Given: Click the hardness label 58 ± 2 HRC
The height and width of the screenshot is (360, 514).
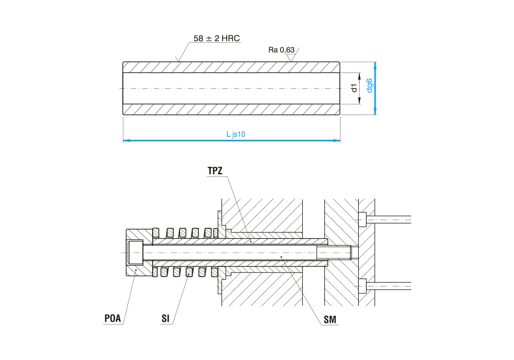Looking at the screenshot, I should pos(216,38).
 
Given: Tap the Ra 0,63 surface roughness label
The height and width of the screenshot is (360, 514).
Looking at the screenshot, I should pos(281,50).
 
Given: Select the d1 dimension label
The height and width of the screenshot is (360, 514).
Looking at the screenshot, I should pos(354,88).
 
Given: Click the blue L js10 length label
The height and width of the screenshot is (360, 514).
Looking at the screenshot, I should pos(236,134).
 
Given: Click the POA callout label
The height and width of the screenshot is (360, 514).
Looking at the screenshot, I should pos(113,318).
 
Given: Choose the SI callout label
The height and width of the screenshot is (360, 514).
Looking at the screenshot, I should pos(165,318).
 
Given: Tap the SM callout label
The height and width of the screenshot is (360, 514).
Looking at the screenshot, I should pos(330,320).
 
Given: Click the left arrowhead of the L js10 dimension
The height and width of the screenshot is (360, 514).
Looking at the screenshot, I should pos(125,140).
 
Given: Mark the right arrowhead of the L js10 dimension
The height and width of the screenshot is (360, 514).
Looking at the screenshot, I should pos(338,140).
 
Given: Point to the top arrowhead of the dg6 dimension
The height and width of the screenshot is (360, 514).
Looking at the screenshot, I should pos(375,65).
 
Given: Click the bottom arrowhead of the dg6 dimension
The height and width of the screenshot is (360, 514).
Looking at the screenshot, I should pos(375,112).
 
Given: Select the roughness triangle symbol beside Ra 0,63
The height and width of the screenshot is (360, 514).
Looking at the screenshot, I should pos(292,58).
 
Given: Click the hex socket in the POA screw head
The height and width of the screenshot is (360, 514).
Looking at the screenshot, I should pos(136,253).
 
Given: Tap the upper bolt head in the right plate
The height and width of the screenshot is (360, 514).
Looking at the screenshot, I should pos(362,220).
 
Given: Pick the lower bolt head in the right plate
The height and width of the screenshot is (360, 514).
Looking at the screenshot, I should pos(362,285).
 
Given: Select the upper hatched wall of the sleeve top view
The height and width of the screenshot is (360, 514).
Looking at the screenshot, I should pos(231,67).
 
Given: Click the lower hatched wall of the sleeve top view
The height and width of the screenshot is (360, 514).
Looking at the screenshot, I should pos(231,109).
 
